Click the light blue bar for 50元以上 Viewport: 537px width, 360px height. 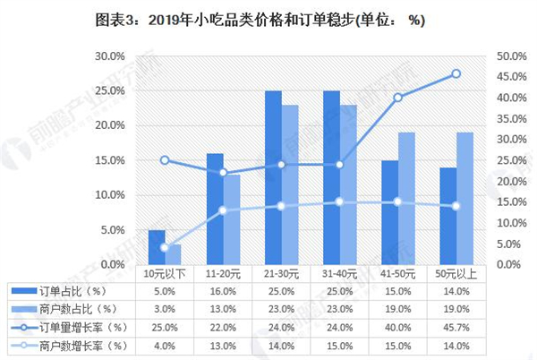coord(465,199)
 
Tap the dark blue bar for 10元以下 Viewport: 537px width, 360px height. coord(157,247)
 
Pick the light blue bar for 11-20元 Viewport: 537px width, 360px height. coord(232,219)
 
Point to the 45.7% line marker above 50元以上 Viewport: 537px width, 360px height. coord(456,73)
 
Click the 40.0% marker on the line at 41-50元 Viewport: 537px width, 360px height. coord(397,98)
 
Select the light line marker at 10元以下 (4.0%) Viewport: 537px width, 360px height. coord(164,247)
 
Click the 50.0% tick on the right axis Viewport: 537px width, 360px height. coord(510,56)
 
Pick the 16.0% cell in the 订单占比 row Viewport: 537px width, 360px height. coord(223,290)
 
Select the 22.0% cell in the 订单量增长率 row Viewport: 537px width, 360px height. coord(223,326)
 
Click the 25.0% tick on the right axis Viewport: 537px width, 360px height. coord(510,160)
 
